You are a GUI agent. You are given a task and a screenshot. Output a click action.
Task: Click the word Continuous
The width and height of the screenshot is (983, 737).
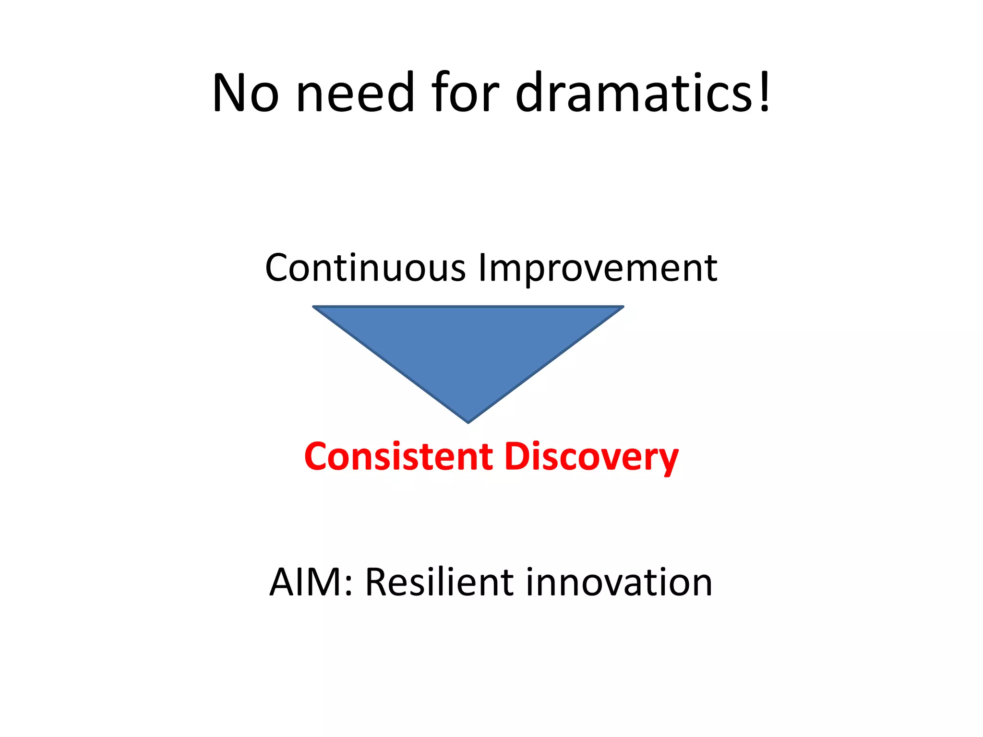(365, 268)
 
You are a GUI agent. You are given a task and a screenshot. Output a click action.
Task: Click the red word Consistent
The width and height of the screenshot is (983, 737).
(398, 456)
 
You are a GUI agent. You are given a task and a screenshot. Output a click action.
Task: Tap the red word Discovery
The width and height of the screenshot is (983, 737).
(591, 457)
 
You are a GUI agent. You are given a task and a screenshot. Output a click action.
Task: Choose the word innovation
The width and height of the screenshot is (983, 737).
(619, 582)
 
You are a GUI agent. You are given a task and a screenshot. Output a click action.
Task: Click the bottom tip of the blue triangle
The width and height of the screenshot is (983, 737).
(468, 422)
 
